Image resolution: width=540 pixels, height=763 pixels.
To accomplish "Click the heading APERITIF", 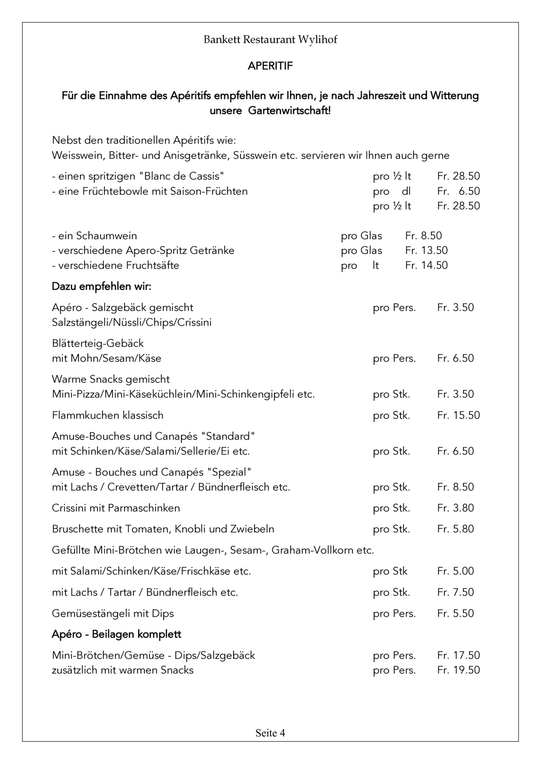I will tap(270, 66).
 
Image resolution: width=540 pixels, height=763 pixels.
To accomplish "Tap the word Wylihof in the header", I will tap(317, 40).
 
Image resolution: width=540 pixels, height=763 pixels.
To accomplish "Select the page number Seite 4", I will tap(270, 733).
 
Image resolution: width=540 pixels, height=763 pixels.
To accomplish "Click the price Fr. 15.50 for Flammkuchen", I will tap(458, 415).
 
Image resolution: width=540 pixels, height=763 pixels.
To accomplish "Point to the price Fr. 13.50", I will tap(426, 250).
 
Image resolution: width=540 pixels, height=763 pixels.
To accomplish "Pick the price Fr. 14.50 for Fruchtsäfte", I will tap(426, 265).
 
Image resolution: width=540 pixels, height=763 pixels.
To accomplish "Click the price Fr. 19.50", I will tap(458, 670).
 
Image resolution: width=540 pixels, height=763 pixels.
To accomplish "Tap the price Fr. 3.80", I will tap(455, 508).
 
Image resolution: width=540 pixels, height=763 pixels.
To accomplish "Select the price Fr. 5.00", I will tap(455, 571).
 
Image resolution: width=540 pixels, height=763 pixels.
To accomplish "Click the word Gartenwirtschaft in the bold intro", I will tap(289, 110).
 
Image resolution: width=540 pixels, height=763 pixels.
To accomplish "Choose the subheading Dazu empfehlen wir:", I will tap(102, 287).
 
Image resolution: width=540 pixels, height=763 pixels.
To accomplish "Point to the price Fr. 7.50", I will tap(455, 592).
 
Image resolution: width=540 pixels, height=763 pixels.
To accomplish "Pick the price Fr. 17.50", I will tap(458, 655).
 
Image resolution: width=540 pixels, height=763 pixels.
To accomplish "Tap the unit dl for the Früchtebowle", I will tap(406, 191).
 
